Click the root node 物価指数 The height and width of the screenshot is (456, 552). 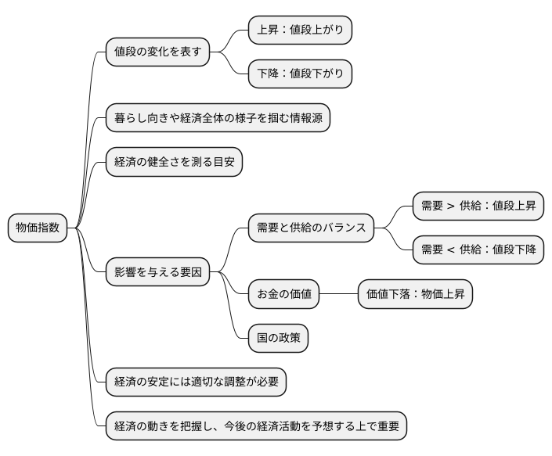point(38,228)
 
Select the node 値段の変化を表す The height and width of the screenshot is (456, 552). point(158,52)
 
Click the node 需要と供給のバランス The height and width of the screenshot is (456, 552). point(311,228)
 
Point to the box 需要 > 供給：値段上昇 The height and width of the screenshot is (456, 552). point(478,206)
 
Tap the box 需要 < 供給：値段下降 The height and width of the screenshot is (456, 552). point(478,250)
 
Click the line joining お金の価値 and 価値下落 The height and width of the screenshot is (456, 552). point(338,293)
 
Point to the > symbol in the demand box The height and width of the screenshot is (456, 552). point(452,206)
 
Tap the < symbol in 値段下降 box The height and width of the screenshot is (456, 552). point(452,250)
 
